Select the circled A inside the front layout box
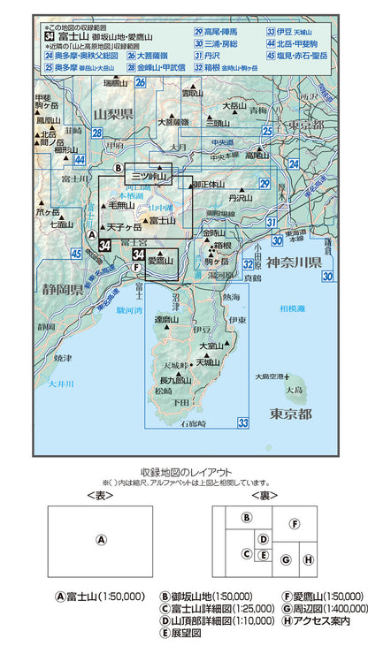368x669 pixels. (x=101, y=540)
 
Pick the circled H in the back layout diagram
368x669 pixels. (x=308, y=559)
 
